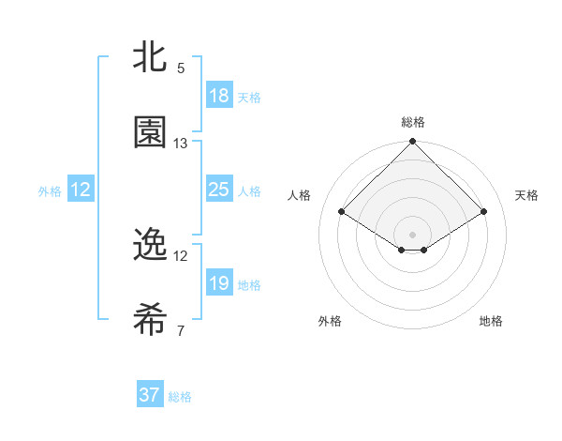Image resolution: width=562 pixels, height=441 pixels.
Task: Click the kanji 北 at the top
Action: click(149, 56)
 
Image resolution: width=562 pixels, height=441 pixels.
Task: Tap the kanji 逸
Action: click(149, 245)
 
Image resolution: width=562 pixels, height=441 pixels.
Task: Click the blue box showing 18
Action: click(218, 96)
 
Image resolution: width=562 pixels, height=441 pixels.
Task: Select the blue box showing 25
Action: click(218, 190)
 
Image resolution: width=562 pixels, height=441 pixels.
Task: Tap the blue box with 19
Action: click(218, 283)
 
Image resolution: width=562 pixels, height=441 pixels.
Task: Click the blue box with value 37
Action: click(150, 396)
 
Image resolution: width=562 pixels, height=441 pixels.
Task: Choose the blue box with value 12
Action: click(81, 190)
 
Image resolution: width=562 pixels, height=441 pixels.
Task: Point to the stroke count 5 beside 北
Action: click(181, 68)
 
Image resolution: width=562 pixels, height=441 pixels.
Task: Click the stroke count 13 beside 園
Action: click(181, 144)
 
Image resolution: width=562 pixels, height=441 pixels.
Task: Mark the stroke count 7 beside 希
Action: click(181, 331)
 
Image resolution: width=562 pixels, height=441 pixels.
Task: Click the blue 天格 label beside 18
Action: click(249, 97)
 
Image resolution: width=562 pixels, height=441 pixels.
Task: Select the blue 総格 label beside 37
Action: click(180, 397)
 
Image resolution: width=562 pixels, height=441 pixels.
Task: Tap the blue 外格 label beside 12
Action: click(50, 191)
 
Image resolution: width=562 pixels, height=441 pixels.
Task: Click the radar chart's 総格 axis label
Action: click(412, 122)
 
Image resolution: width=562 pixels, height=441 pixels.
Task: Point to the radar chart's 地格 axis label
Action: click(491, 321)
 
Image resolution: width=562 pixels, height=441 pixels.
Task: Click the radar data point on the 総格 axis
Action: click(412, 143)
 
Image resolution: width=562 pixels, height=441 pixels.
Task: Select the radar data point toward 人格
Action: click(342, 212)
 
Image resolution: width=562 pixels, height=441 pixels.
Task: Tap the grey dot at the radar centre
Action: click(412, 234)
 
